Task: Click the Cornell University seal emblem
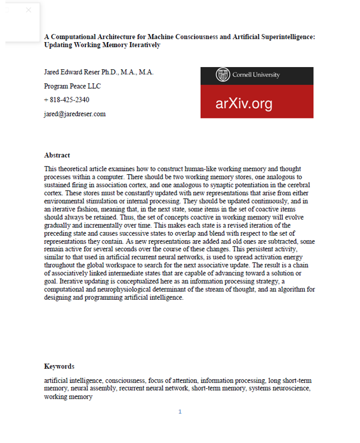(x=223, y=75)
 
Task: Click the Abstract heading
(x=57, y=155)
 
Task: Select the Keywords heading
(x=59, y=366)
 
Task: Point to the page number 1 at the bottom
(x=180, y=412)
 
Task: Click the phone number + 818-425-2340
(x=66, y=100)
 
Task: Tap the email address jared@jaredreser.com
(x=75, y=114)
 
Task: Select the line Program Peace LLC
(x=72, y=86)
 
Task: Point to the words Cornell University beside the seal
(x=256, y=75)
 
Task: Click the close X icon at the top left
(x=29, y=10)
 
